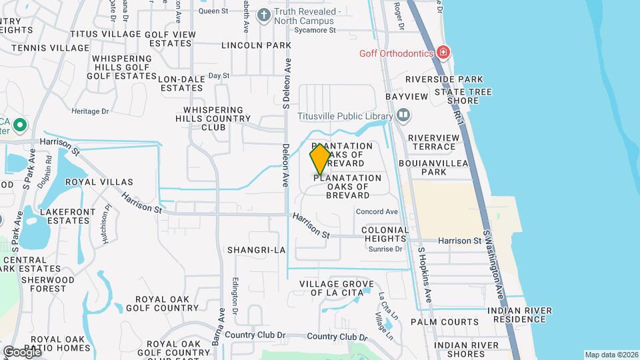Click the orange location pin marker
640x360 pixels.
click(320, 159)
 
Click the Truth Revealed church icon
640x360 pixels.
click(264, 15)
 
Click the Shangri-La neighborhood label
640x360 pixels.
click(256, 250)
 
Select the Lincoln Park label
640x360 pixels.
click(257, 45)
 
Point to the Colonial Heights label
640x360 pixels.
click(384, 234)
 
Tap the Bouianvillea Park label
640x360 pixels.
click(431, 167)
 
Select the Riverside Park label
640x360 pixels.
click(444, 79)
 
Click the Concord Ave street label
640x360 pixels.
click(377, 212)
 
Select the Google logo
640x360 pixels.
click(22, 351)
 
